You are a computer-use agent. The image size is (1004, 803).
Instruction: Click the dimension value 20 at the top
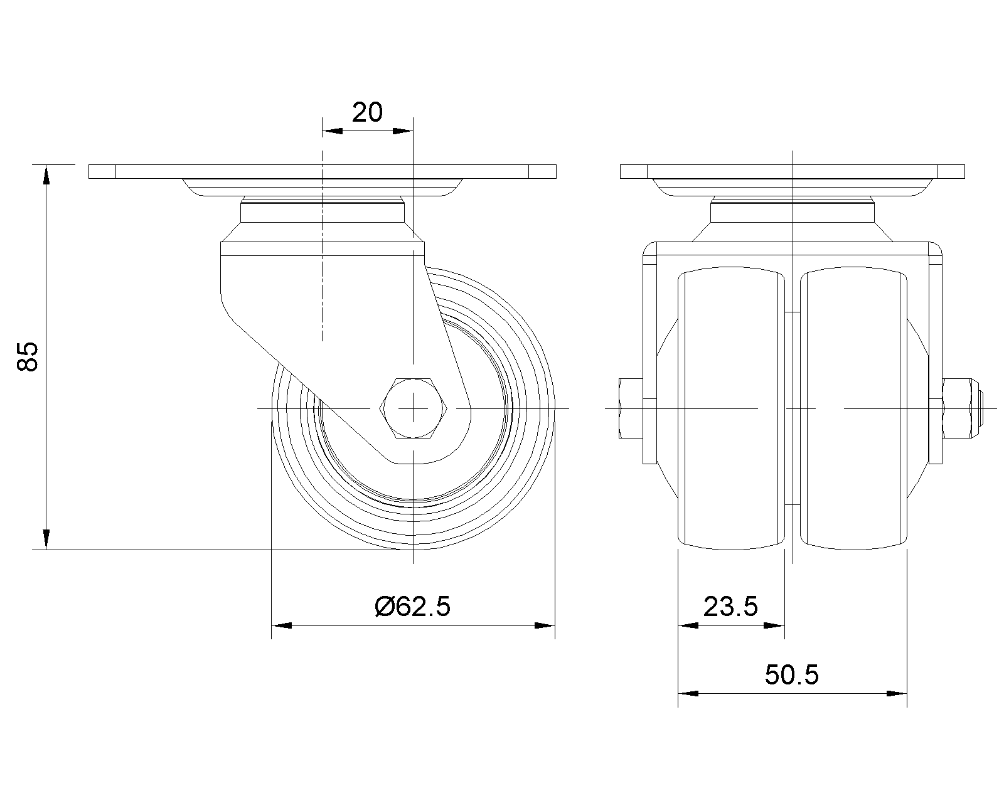tap(367, 112)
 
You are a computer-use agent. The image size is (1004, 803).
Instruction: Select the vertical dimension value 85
tap(28, 357)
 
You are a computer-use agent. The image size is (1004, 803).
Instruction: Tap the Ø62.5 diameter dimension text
tap(412, 607)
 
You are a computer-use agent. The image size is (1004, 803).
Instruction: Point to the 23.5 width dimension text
tap(730, 607)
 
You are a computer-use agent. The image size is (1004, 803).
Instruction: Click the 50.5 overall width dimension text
tap(792, 674)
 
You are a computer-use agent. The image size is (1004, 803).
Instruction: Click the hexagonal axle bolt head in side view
tap(414, 408)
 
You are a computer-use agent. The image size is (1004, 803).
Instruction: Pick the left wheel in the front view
tap(731, 408)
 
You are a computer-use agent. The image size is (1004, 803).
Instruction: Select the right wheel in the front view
tap(854, 408)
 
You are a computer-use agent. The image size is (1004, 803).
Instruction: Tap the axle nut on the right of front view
tap(961, 408)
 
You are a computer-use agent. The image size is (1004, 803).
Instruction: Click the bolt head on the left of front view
tap(631, 408)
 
